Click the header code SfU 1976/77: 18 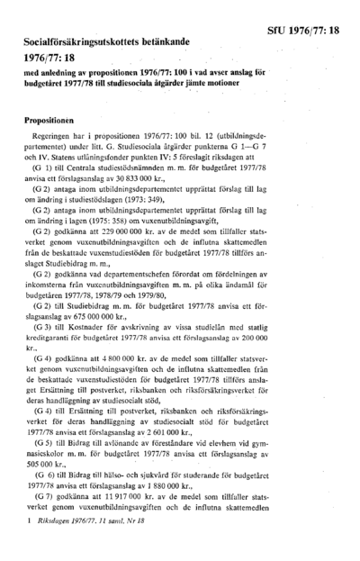click(x=309, y=31)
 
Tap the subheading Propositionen click(x=54, y=143)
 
